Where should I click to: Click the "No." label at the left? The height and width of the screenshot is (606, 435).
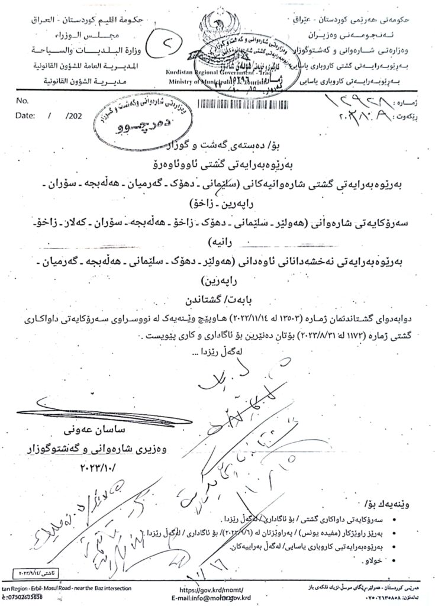23,101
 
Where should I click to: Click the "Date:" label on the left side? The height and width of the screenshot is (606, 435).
27,117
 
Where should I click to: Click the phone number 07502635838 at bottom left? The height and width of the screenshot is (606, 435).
27,598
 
